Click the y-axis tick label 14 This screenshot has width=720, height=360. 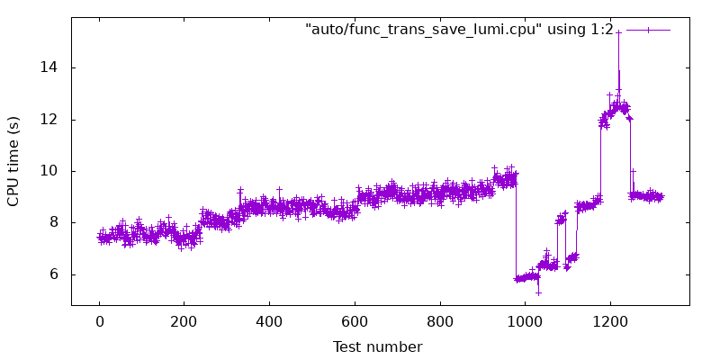[x=51, y=67]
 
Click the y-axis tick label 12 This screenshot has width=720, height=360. [x=51, y=120]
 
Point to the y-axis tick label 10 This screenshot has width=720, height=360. [x=51, y=171]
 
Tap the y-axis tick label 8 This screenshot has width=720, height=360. [x=56, y=223]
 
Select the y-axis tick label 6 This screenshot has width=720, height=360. [x=56, y=274]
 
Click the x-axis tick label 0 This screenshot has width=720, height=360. [x=99, y=321]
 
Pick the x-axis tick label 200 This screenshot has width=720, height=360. [x=184, y=321]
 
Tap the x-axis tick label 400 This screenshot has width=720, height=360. [x=269, y=321]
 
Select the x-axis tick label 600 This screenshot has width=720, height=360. [x=355, y=321]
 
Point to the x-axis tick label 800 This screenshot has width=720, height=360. [x=440, y=321]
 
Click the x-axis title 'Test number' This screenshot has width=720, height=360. [x=377, y=346]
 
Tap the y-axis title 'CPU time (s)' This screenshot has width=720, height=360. [x=13, y=161]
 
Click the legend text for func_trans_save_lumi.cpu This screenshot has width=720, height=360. [x=459, y=30]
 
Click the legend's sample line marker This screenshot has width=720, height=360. [x=648, y=30]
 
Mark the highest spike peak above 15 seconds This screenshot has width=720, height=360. [x=618, y=31]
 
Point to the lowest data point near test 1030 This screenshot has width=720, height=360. [x=538, y=292]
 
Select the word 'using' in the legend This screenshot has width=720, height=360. [x=566, y=30]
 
